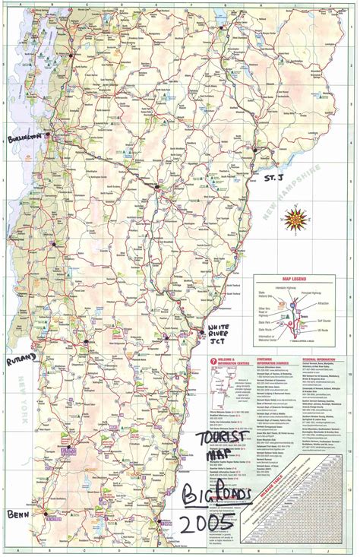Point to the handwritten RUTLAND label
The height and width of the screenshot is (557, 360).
tap(20, 360)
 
